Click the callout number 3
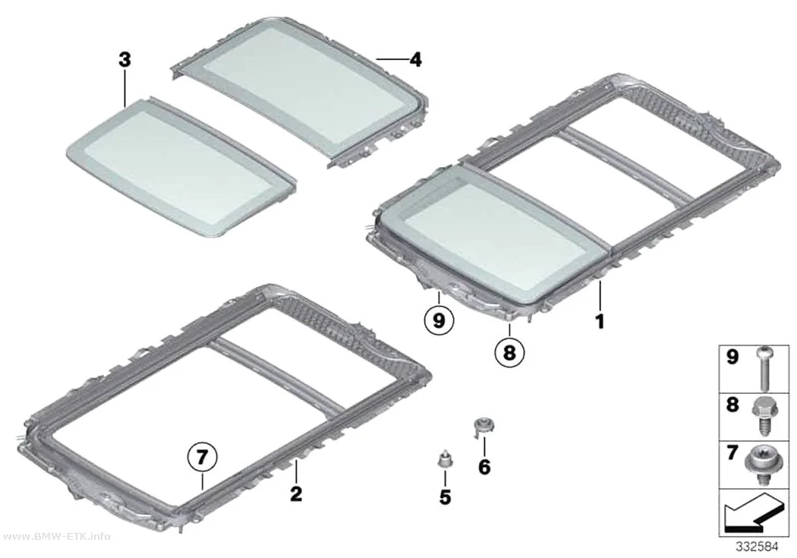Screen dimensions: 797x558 124,60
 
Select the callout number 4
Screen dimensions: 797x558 416,60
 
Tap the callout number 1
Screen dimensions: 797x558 600,321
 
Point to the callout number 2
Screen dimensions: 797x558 296,493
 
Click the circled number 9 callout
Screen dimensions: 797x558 439,320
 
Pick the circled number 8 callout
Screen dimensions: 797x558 509,352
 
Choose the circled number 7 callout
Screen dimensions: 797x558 203,458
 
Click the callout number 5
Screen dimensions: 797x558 446,497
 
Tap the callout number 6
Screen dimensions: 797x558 484,467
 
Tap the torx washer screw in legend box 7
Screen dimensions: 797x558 762,463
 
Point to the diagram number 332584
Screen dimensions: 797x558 758,547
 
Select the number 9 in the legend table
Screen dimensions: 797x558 732,357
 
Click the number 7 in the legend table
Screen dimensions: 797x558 732,452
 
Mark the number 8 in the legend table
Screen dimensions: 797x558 732,405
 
